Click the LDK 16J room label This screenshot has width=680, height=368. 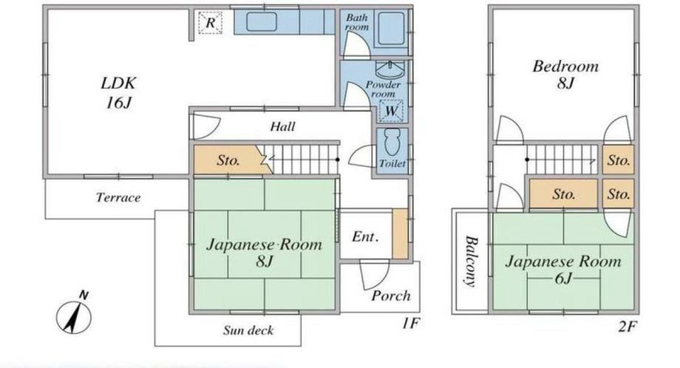pyautogui.click(x=118, y=92)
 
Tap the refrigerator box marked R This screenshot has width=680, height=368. pyautogui.click(x=211, y=23)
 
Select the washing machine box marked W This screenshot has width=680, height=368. pyautogui.click(x=391, y=111)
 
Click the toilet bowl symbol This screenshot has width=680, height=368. pyautogui.click(x=392, y=142)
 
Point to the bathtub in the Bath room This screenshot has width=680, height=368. pyautogui.click(x=391, y=28)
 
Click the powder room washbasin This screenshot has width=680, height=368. pyautogui.click(x=390, y=69)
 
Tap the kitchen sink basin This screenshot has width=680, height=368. pyautogui.click(x=262, y=21)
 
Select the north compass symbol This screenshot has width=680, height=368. pyautogui.click(x=74, y=315)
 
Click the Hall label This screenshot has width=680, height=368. pyautogui.click(x=283, y=126)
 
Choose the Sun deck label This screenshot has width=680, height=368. pyautogui.click(x=248, y=330)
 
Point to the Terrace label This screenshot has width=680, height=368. pyautogui.click(x=118, y=197)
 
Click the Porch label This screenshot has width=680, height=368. pyautogui.click(x=391, y=296)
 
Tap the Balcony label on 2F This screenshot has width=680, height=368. pyautogui.click(x=471, y=261)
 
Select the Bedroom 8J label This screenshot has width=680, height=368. pyautogui.click(x=565, y=74)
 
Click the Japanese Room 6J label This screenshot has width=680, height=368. pyautogui.click(x=563, y=269)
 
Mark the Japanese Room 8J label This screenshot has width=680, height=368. pyautogui.click(x=264, y=252)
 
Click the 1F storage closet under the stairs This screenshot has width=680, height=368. pyautogui.click(x=228, y=160)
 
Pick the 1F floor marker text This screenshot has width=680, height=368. pyautogui.click(x=410, y=323)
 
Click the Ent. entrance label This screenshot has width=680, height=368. pyautogui.click(x=365, y=236)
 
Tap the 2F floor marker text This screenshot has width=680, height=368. pyautogui.click(x=627, y=326)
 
